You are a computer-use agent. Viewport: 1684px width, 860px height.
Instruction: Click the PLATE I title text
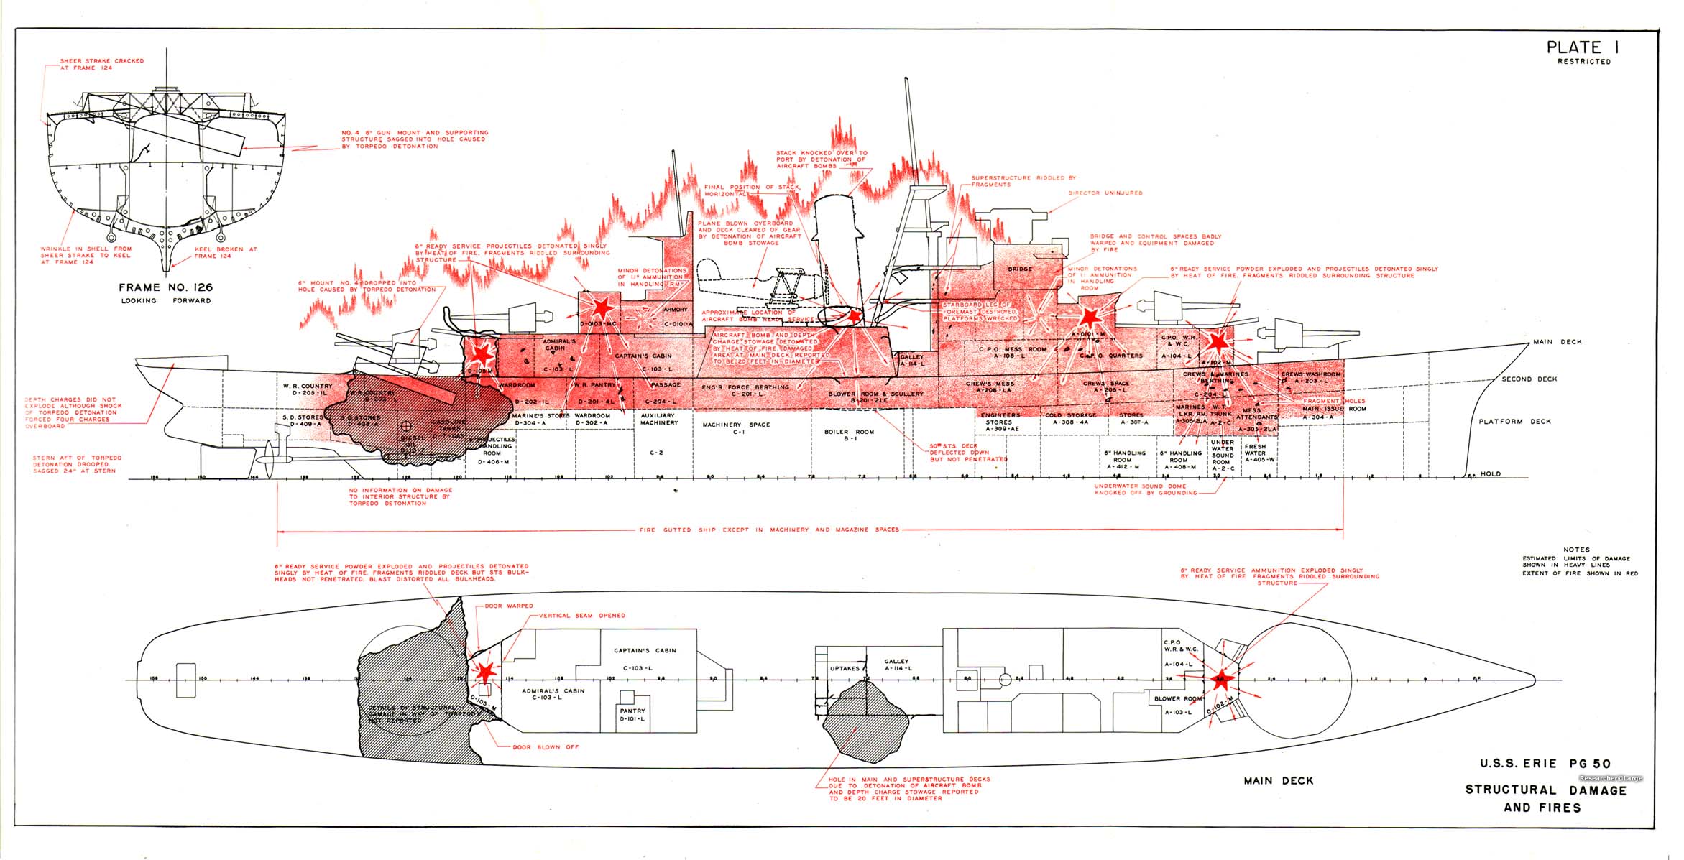point(1583,47)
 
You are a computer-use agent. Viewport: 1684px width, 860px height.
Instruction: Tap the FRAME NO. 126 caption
point(165,287)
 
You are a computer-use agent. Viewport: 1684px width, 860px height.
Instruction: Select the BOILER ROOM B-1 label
point(849,435)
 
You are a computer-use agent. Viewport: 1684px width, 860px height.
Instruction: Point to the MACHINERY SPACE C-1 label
point(736,428)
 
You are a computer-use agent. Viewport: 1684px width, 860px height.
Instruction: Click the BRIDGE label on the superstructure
point(1020,269)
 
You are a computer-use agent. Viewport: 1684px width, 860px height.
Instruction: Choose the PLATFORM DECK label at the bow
point(1515,422)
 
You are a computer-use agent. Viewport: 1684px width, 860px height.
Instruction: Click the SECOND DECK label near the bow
point(1529,379)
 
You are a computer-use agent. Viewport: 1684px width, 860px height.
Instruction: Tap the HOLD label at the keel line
point(1490,474)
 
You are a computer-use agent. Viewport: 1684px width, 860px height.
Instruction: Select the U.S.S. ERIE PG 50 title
point(1545,764)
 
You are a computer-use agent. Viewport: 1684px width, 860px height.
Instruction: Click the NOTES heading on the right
point(1576,550)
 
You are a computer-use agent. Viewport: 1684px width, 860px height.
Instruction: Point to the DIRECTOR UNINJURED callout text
point(1105,193)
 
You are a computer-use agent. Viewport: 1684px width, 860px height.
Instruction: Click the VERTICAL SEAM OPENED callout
point(581,616)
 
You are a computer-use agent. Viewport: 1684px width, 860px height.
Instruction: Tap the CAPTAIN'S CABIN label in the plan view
point(645,651)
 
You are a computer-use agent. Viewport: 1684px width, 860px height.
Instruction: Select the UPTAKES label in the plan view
point(845,668)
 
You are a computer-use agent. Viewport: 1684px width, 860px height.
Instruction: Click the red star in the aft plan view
point(486,672)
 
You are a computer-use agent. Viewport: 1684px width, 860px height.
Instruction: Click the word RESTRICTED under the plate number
point(1584,62)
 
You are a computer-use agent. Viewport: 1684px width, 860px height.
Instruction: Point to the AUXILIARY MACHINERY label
point(658,419)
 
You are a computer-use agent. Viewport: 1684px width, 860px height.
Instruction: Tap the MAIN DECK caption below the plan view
point(1278,781)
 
